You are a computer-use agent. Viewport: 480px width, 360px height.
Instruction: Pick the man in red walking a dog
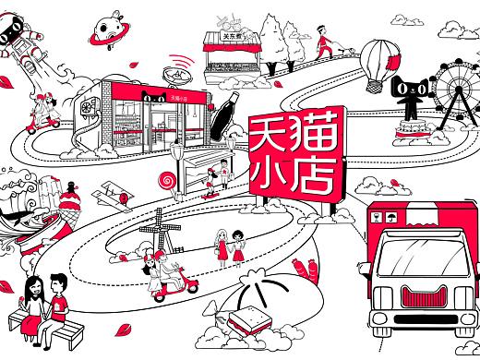coord(320,41)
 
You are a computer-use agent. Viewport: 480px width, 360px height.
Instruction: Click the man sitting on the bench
coord(58,298)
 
